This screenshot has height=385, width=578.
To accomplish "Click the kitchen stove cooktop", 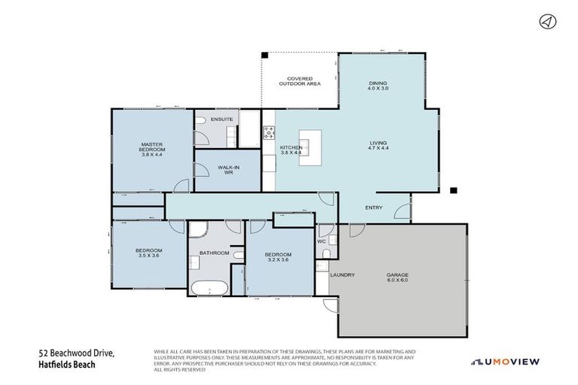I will click(268, 135).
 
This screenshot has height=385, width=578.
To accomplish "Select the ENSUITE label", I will click(221, 120).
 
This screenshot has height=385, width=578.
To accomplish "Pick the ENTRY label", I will click(374, 208).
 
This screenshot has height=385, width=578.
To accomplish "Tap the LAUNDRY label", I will click(342, 274).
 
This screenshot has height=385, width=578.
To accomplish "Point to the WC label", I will click(320, 241).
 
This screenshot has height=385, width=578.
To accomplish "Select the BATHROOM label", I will click(214, 253).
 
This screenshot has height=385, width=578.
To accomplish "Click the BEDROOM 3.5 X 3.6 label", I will click(149, 253).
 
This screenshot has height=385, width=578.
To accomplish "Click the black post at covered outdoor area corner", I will click(265, 54).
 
